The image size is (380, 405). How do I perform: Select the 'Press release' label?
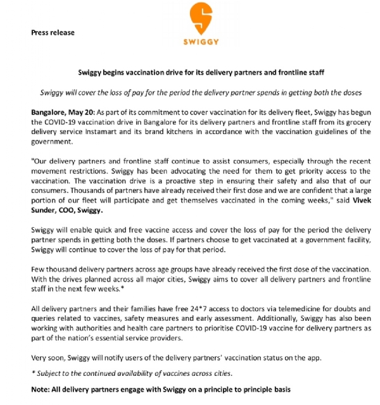[x=53, y=32]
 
